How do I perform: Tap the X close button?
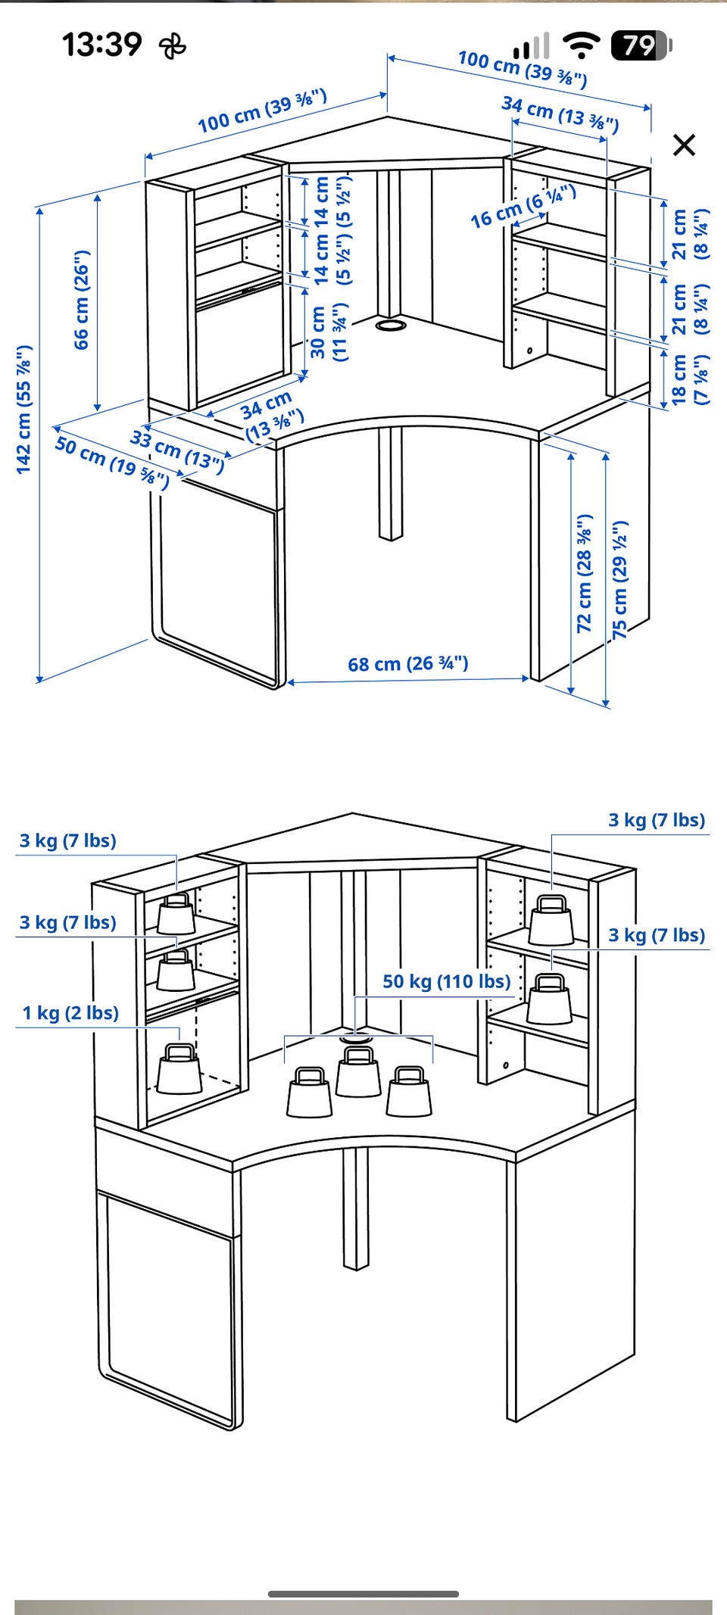tap(684, 145)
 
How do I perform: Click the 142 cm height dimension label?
tap(24, 410)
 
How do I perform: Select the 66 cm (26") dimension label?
tap(82, 299)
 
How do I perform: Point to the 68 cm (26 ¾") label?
tap(408, 664)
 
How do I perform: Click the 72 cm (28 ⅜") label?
tap(584, 573)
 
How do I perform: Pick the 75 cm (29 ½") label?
tap(620, 579)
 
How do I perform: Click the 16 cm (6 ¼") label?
tap(523, 206)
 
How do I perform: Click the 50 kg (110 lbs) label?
tap(447, 981)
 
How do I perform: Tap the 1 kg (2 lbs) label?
tap(70, 1013)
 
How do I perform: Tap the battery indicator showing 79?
tap(641, 45)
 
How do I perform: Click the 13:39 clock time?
tap(101, 44)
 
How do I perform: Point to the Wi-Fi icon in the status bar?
tap(582, 45)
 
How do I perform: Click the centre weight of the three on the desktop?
tap(358, 1071)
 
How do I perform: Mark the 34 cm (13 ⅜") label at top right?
tap(560, 114)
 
